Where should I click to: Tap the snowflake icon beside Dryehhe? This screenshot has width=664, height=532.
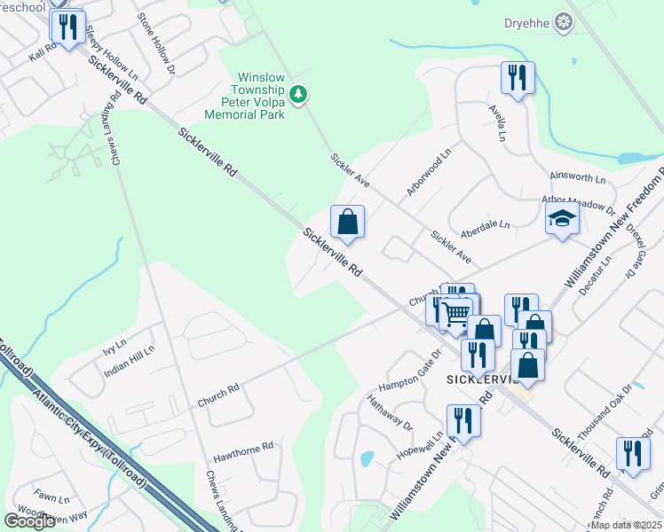point(562,21)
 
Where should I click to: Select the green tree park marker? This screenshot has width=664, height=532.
point(299,94)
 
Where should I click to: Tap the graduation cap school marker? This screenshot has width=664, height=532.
point(561,218)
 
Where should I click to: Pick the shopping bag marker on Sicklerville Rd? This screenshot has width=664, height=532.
point(347,222)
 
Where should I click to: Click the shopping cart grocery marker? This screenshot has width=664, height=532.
point(457,313)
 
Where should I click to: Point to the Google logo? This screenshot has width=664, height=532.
point(29,521)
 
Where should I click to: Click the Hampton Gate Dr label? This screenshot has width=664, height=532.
point(409,373)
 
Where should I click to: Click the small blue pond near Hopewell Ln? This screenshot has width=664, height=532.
point(367,459)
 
